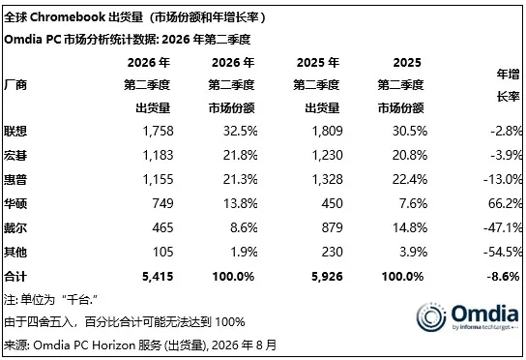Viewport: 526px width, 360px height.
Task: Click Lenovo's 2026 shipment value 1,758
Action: click(x=158, y=131)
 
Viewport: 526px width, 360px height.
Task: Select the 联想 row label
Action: click(x=15, y=131)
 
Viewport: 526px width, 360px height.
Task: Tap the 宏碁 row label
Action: click(x=15, y=155)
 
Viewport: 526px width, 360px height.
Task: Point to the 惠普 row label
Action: click(x=15, y=179)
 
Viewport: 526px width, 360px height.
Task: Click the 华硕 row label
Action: click(x=15, y=203)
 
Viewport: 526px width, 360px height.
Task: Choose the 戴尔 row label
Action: click(x=15, y=228)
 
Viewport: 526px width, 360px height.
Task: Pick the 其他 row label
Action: click(x=15, y=252)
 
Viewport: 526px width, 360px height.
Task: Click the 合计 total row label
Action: click(x=15, y=277)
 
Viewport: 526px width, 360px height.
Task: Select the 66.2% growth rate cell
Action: click(x=505, y=203)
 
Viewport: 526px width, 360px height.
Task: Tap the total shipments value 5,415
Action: click(x=158, y=277)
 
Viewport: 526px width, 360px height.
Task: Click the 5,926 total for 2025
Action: click(x=327, y=277)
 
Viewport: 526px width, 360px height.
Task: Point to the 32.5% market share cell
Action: click(x=241, y=131)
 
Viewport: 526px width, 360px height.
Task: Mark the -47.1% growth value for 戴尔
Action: click(x=503, y=228)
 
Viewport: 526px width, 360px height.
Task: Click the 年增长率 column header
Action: click(x=508, y=85)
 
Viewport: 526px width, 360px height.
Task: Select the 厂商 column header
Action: click(x=15, y=85)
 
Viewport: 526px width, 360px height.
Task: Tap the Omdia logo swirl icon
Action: click(x=431, y=316)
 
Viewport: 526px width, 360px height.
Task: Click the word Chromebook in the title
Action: click(x=68, y=17)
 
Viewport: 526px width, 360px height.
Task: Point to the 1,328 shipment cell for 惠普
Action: click(x=328, y=179)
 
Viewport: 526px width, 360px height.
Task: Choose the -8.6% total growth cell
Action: click(x=503, y=277)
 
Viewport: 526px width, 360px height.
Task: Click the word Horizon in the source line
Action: click(x=113, y=345)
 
